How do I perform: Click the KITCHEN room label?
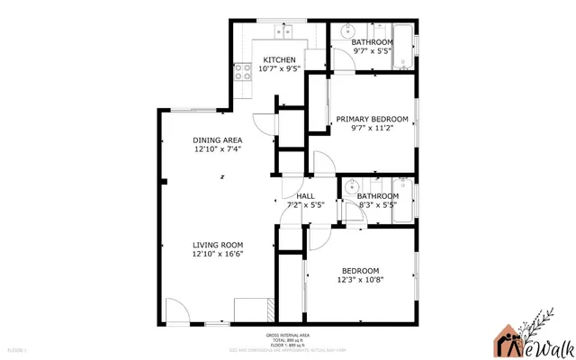point(279,59)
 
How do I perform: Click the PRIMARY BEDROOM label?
point(372,119)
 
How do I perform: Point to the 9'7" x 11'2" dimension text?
point(372,129)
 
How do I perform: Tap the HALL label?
point(305,195)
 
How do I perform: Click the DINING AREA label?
point(217,140)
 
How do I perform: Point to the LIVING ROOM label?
point(217,244)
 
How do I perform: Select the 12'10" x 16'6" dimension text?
point(217,254)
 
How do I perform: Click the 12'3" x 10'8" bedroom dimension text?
point(360,280)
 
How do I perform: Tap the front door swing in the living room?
point(176,310)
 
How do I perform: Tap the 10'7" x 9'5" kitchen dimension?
point(279,69)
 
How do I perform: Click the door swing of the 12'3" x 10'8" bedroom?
point(319,241)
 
